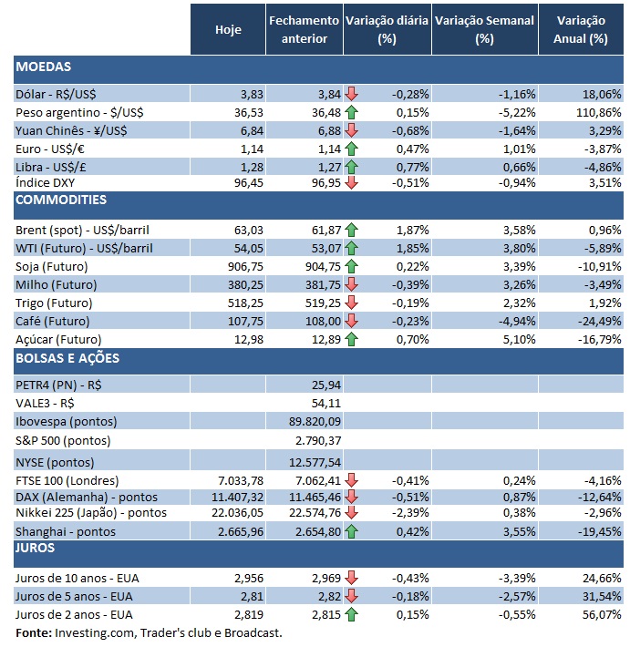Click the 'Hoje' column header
[x=228, y=30]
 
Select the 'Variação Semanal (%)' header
[x=484, y=30]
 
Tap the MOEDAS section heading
[x=44, y=67]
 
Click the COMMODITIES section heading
[x=61, y=200]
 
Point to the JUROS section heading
[x=36, y=548]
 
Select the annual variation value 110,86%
[x=599, y=112]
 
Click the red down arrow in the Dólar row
[x=351, y=94]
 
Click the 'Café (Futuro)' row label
[x=53, y=322]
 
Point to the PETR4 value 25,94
[x=325, y=384]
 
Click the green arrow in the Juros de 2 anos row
[x=351, y=614]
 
